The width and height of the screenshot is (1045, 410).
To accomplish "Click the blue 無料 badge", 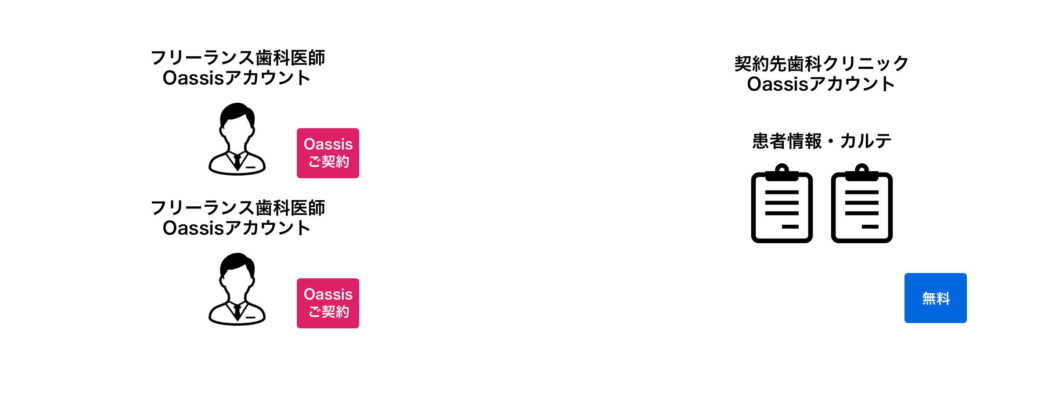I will (935, 298).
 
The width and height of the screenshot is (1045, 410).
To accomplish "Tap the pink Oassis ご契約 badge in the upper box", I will (328, 153).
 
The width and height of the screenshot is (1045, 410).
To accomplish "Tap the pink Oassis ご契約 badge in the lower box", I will (328, 303).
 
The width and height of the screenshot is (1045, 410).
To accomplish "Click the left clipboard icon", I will (782, 204).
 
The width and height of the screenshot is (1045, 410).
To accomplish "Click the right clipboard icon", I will (861, 204).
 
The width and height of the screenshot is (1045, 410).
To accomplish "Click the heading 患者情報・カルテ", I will (822, 141).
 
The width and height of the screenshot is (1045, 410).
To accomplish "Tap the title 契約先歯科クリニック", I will (821, 64).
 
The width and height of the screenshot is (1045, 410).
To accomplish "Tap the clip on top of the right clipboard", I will (861, 172).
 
